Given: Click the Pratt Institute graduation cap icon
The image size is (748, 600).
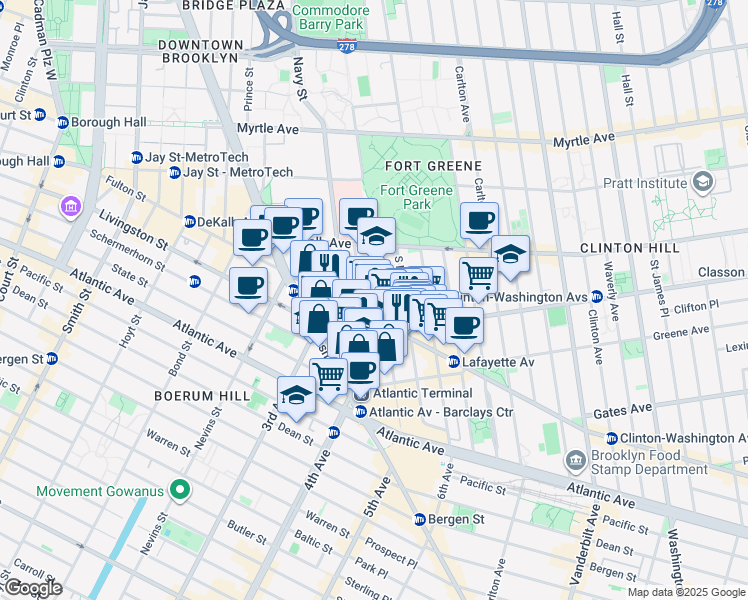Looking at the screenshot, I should pos(703,181).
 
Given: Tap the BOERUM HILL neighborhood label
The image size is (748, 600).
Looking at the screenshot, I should pos(200,396).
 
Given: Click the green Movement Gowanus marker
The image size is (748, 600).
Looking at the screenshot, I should pos(180,490).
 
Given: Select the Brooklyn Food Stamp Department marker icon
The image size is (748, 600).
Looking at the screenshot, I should pos(576,461).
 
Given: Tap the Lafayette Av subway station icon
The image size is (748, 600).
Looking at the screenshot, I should pos(454,362).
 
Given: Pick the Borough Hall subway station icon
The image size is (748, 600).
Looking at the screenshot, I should pos(62,122).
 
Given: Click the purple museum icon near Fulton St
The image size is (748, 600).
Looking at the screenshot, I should pos(70,207).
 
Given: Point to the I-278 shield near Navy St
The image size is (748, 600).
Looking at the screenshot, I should pos(346,47).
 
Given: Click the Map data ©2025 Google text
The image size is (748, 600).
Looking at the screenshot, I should pos(685,592).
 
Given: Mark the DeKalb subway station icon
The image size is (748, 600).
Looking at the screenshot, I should pos(190,222).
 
